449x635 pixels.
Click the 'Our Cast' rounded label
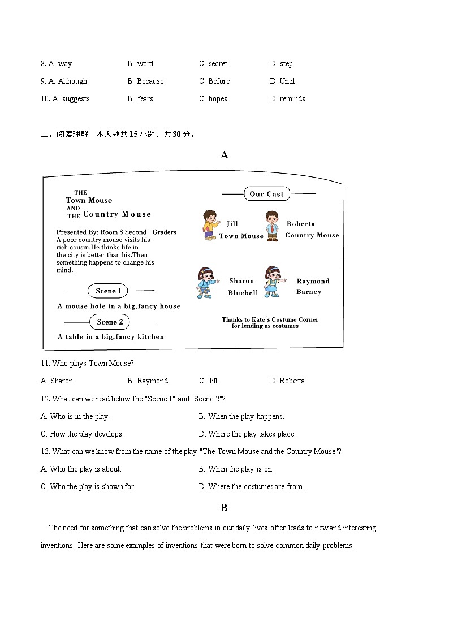point(266,194)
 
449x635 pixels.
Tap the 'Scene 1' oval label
point(109,291)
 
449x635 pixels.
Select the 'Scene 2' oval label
point(110,322)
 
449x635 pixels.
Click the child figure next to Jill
point(210,225)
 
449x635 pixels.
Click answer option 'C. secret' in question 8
point(213,64)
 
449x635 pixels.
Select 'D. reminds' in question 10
point(287,99)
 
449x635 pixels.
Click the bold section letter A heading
point(225,155)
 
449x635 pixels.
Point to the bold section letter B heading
point(224,508)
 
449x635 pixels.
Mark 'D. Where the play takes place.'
point(247,434)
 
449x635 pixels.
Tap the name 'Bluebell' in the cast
point(243,293)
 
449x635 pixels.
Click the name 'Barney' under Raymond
point(309,292)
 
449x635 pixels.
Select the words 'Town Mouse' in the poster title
point(89,201)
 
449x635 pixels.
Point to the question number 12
point(45,399)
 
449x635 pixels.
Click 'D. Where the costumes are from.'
point(251,487)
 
